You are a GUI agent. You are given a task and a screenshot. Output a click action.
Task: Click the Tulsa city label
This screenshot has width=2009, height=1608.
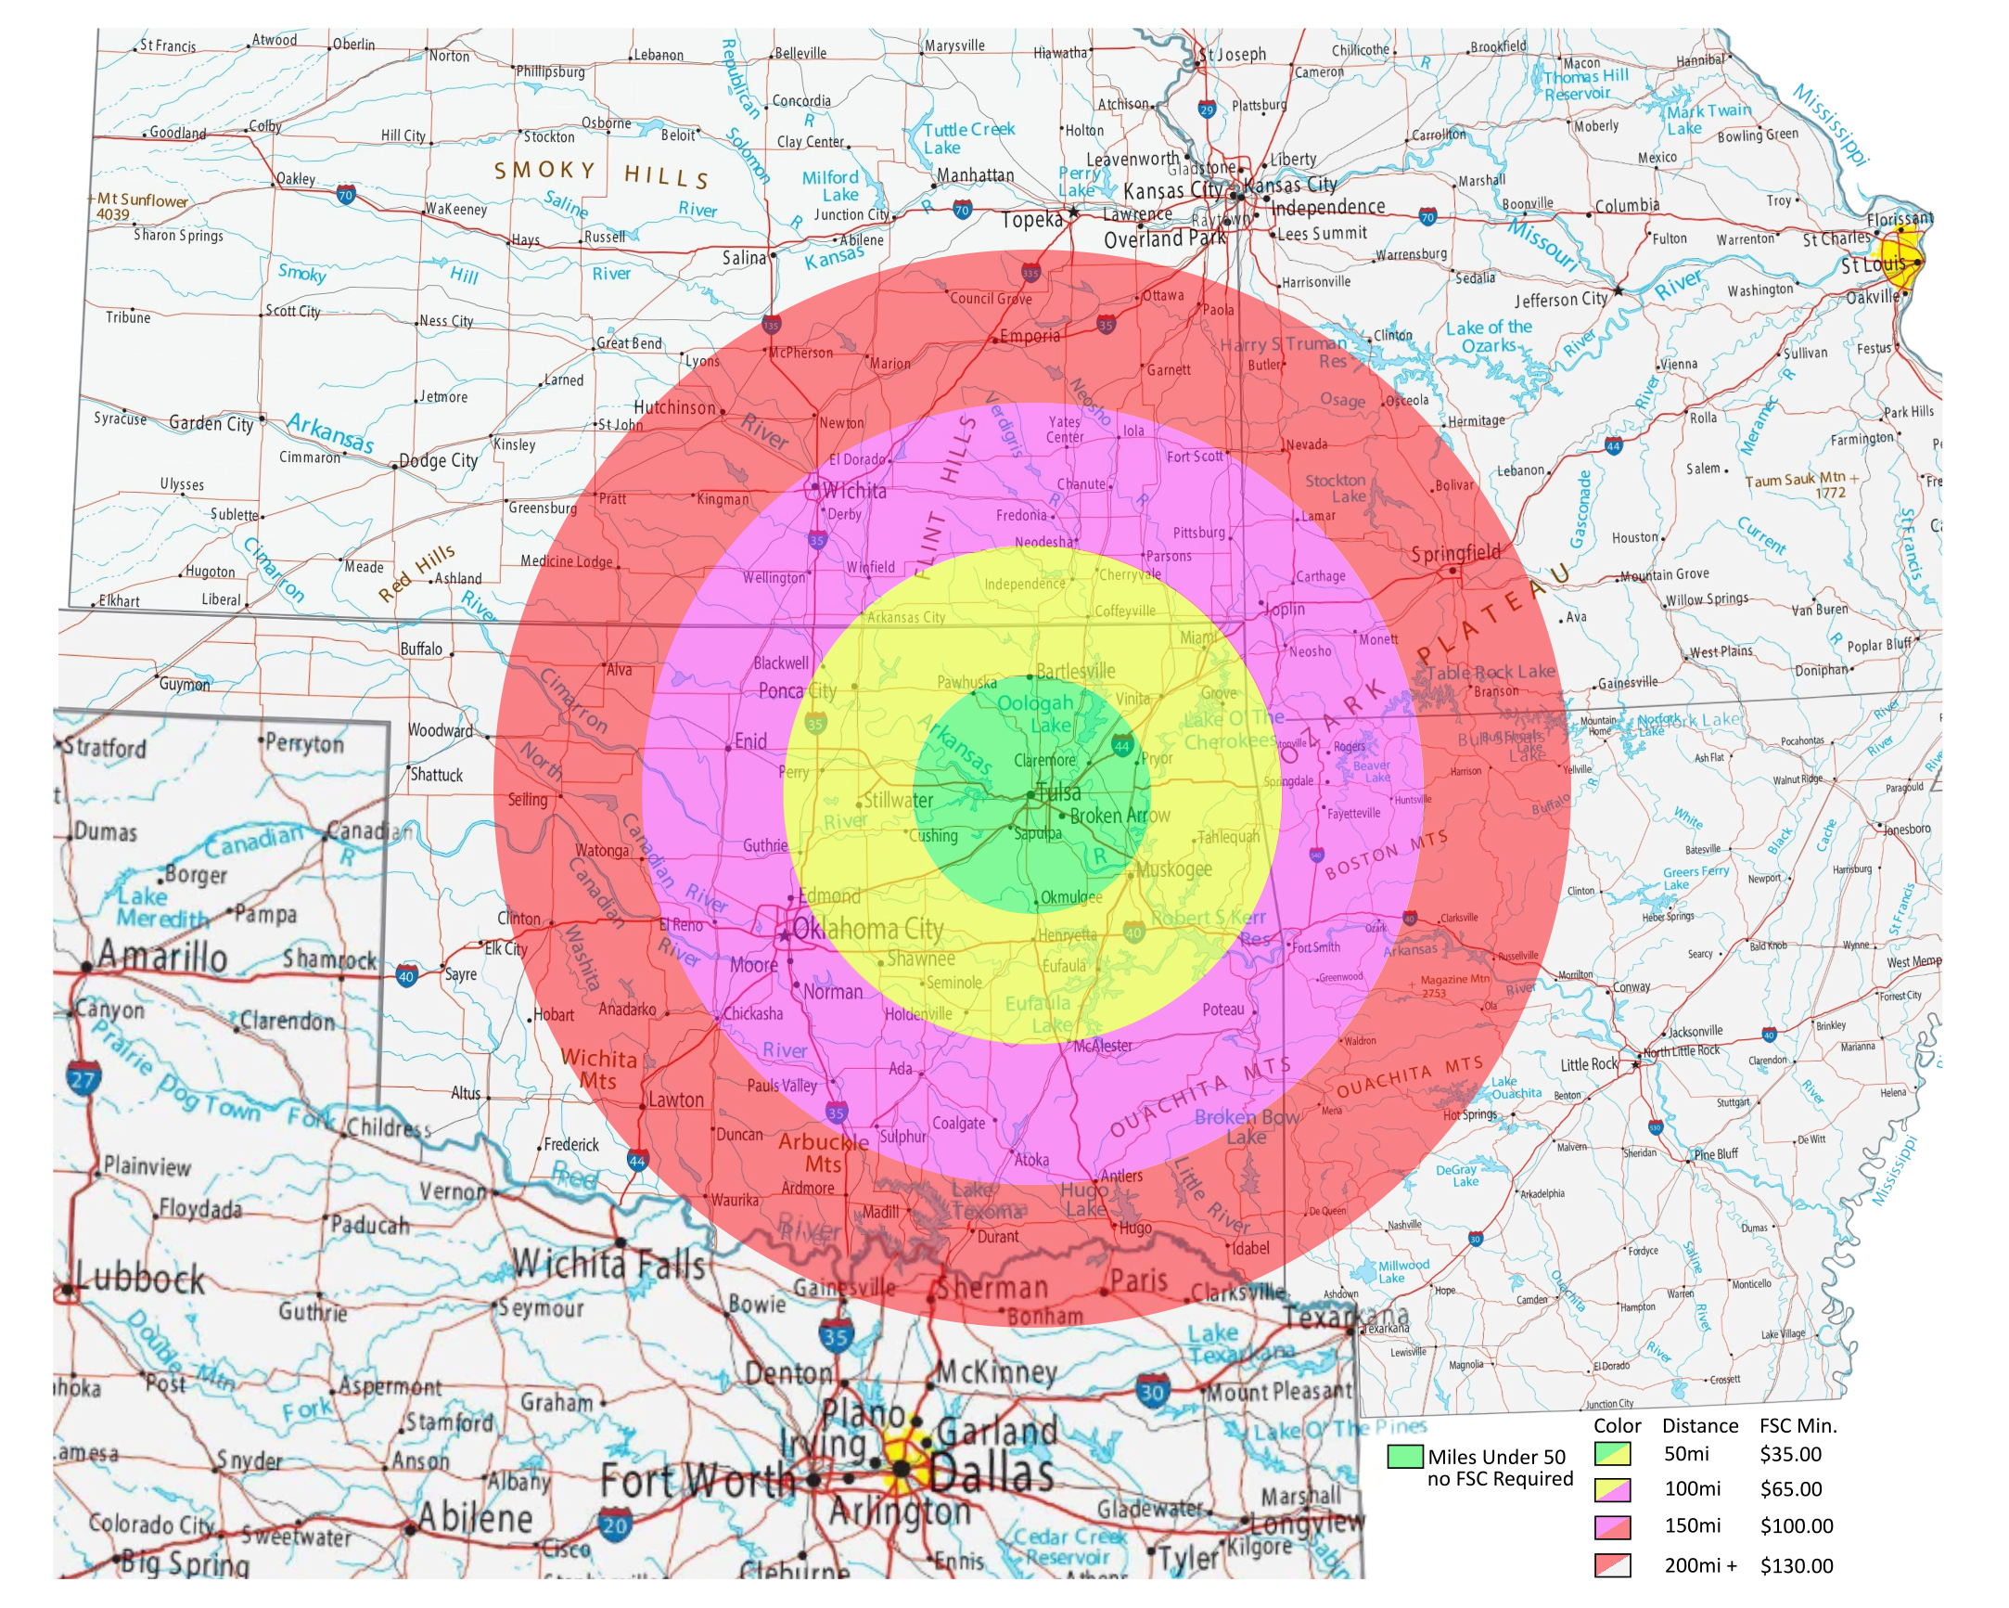coord(1059,793)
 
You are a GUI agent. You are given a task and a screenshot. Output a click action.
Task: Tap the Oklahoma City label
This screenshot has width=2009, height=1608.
coord(867,930)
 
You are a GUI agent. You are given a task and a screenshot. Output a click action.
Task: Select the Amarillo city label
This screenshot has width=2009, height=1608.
coord(162,957)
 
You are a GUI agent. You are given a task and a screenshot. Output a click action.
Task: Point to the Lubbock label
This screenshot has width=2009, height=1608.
coord(141,1278)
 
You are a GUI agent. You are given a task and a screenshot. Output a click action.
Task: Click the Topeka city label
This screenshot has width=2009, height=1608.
coord(1031,220)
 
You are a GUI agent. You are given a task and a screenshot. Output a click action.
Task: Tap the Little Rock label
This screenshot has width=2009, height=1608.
coord(1589,1064)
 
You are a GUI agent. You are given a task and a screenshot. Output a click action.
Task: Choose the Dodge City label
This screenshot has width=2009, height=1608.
coord(438,460)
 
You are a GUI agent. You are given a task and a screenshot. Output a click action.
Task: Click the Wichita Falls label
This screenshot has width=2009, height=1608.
coord(608,1264)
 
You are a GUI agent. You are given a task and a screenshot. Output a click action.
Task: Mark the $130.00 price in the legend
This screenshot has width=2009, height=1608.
coord(1796,1566)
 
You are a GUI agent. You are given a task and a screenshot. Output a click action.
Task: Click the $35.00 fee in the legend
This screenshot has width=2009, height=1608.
coord(1790,1454)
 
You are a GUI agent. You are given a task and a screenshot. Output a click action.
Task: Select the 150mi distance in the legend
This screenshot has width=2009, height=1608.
coord(1692,1526)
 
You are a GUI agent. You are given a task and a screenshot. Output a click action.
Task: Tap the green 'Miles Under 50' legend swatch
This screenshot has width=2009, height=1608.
coord(1404,1456)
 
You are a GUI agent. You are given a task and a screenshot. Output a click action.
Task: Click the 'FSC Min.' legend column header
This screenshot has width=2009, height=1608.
coord(1798,1425)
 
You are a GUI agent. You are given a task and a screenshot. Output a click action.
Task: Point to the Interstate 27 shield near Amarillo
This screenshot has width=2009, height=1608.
coord(82,1079)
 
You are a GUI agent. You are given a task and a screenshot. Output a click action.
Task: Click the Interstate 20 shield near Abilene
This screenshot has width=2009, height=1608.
coord(614,1527)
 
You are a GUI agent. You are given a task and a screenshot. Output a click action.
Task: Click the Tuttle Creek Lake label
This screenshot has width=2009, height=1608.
coord(968,138)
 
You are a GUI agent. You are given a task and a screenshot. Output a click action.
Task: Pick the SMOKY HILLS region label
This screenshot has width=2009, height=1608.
coord(601,174)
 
